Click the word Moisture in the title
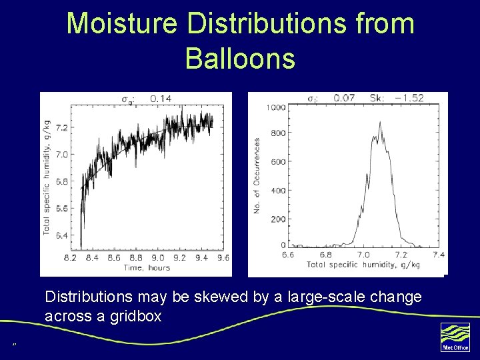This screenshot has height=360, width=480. (x=122, y=23)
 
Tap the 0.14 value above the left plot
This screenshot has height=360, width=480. (x=160, y=99)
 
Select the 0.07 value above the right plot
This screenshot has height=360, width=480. (x=345, y=98)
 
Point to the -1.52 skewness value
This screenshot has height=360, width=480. (x=408, y=98)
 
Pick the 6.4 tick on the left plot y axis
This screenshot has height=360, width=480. (x=61, y=235)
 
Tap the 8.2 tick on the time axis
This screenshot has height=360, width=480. (x=71, y=257)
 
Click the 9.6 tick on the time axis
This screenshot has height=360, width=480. (x=223, y=257)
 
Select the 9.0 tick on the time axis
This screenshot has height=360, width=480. (x=157, y=257)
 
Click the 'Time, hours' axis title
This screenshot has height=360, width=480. (x=147, y=267)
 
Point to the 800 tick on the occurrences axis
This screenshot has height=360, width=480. (x=277, y=133)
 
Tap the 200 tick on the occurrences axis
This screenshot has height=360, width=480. (x=277, y=219)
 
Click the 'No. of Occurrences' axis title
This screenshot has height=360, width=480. (x=257, y=176)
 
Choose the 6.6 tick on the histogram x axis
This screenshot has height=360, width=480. (x=288, y=255)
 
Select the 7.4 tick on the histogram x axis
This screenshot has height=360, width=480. (x=438, y=255)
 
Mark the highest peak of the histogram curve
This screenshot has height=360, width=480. (x=379, y=123)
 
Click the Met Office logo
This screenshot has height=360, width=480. (x=455, y=337)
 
